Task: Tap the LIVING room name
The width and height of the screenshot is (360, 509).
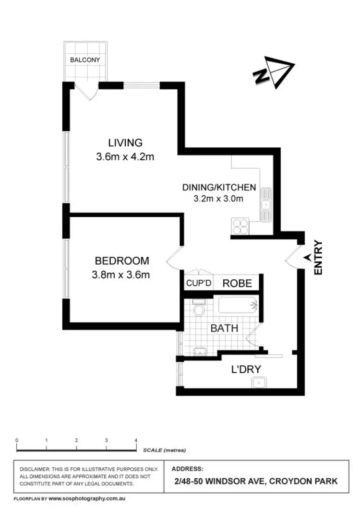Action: click(x=125, y=142)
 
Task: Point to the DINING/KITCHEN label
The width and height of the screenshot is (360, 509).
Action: click(x=219, y=187)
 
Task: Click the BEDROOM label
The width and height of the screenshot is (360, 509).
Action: click(x=122, y=261)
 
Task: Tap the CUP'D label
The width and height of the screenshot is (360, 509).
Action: click(x=199, y=284)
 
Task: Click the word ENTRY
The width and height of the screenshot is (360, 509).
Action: click(x=319, y=258)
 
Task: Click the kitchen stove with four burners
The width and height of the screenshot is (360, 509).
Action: click(x=240, y=225)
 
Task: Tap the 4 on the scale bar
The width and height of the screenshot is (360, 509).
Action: click(x=136, y=440)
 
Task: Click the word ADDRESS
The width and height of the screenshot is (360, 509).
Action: click(x=187, y=468)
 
